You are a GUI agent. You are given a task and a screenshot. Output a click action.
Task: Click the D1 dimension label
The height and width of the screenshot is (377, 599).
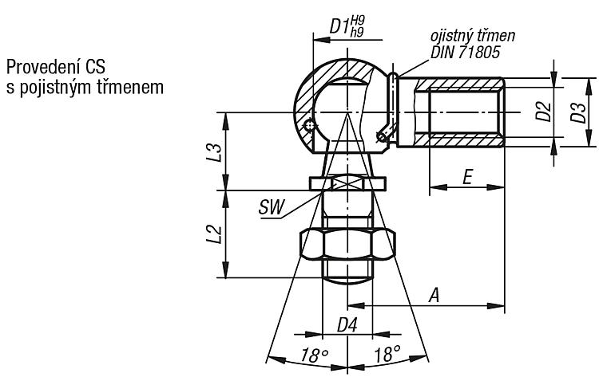point(339,26)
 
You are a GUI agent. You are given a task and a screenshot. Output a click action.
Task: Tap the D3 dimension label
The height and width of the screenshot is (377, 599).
point(578,112)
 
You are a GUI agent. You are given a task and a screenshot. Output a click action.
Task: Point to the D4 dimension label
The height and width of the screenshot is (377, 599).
point(347,325)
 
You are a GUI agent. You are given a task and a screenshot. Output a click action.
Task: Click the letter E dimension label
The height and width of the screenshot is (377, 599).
point(467,177)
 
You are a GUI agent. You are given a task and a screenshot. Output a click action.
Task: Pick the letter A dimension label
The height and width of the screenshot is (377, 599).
point(434,295)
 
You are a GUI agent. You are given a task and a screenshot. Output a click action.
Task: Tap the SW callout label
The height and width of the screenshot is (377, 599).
point(272,207)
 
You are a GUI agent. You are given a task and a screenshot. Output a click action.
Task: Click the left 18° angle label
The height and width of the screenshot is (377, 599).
point(315,355)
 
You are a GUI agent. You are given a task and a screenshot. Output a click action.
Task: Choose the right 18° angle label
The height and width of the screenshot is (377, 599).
point(387,354)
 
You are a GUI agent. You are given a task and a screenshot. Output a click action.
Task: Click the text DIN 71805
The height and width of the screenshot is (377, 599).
point(466,53)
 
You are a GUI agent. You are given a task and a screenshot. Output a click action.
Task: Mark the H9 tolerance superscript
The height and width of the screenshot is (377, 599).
point(357,20)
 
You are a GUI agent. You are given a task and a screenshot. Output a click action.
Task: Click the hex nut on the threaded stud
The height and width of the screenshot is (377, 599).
point(347,245)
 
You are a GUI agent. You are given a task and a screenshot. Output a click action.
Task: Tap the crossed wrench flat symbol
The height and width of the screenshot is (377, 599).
point(347,182)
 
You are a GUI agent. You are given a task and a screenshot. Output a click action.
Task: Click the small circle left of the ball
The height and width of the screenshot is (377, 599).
point(309,125)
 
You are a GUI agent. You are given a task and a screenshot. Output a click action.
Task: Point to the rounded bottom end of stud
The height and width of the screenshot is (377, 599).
point(347,281)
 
